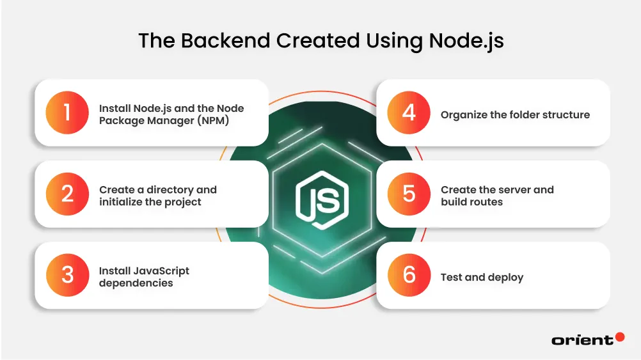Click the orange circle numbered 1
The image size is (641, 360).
[67, 113]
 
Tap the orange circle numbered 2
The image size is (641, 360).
[67, 194]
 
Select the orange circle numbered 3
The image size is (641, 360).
[67, 275]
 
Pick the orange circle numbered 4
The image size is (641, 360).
[409, 113]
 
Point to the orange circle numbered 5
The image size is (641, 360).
[409, 194]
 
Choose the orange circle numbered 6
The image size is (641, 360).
[409, 275]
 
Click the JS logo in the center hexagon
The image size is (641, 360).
[321, 195]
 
